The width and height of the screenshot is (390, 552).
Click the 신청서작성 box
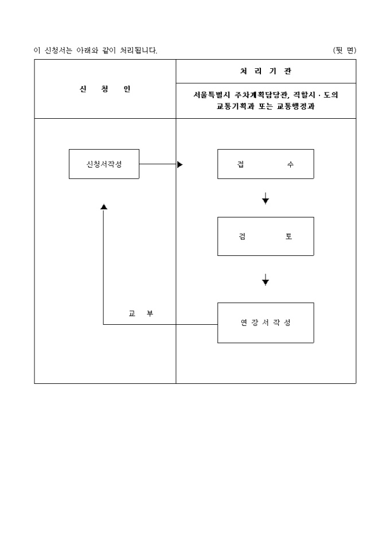(104, 164)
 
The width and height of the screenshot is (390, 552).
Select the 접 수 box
(266, 164)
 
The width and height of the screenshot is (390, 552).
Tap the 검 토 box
(266, 236)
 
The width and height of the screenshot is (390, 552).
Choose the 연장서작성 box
(266, 322)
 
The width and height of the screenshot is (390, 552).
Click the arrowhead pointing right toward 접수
(180, 164)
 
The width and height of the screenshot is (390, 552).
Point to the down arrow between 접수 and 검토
(266, 199)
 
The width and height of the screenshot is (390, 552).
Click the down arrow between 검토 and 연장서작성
(266, 280)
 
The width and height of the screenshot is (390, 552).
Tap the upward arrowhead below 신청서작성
(104, 207)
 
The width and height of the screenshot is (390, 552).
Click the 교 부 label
(141, 313)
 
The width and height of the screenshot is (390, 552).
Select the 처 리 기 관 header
(266, 72)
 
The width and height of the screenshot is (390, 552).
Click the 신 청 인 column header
(105, 89)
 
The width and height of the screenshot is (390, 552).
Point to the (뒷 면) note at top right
(344, 50)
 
